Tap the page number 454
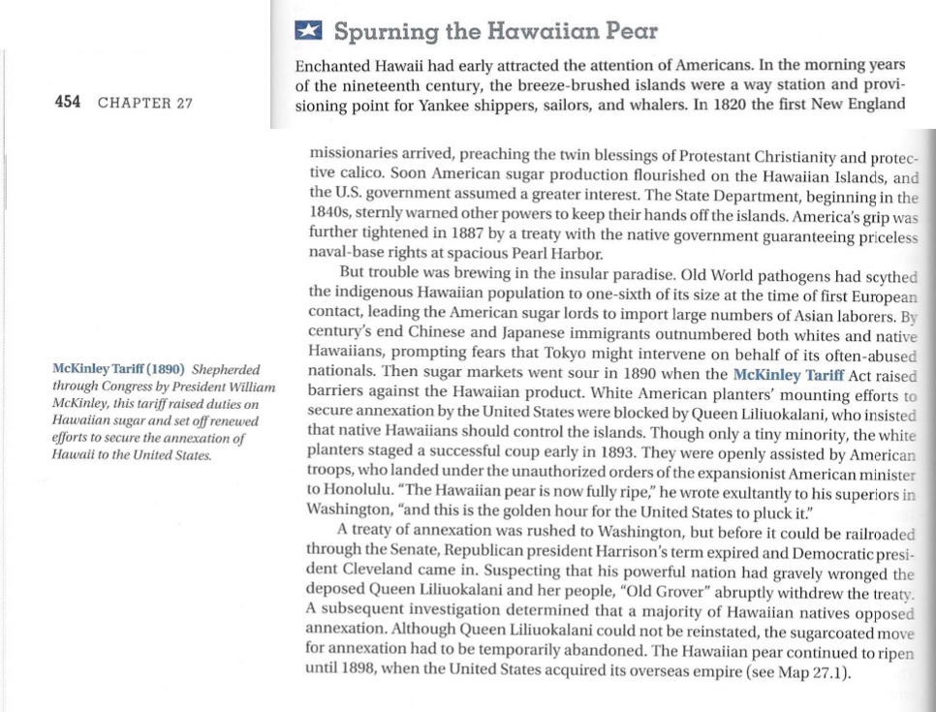pos(68,104)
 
